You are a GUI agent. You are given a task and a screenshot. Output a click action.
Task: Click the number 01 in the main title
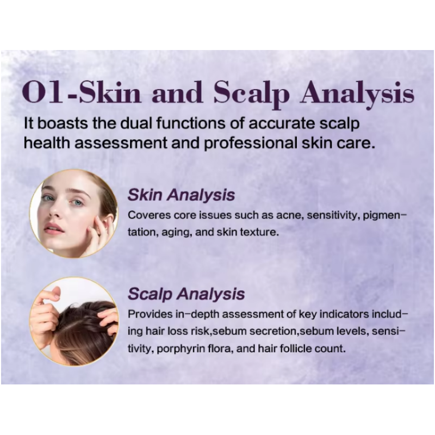43,92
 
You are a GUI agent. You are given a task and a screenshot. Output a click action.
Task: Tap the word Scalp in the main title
251,94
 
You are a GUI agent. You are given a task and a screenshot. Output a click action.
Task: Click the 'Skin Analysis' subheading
181,195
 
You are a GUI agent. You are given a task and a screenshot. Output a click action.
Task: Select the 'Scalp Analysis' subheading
186,294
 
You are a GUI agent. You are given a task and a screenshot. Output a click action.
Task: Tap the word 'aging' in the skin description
177,233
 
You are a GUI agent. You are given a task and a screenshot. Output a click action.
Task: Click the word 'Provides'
151,314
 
